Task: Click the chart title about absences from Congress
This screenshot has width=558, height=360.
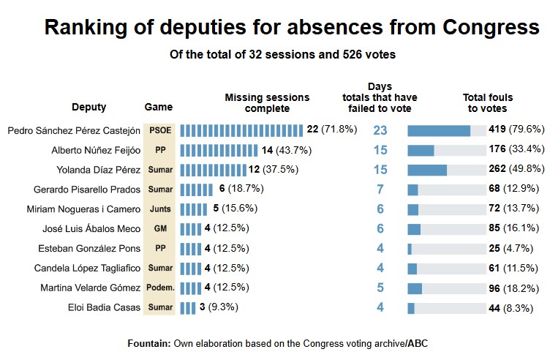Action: click(x=292, y=28)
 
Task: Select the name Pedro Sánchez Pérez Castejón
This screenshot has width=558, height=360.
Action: click(x=73, y=130)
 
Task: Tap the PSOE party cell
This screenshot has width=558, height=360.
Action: click(x=159, y=130)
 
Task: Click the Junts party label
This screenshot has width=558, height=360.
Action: click(x=159, y=209)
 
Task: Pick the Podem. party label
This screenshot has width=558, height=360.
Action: click(x=159, y=288)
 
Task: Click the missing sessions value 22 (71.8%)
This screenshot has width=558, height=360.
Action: click(x=331, y=130)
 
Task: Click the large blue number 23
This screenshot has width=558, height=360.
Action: click(x=380, y=130)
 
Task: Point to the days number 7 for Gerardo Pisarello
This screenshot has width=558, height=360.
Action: click(x=380, y=190)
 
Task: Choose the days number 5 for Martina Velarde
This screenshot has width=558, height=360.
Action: click(x=380, y=288)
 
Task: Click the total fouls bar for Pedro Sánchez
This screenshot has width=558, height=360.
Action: click(x=439, y=130)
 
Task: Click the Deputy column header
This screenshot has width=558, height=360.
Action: click(x=88, y=107)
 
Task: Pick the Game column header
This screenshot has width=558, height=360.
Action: click(x=159, y=107)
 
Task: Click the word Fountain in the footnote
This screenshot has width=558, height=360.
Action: click(x=149, y=342)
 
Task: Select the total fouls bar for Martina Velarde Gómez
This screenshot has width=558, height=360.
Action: click(x=415, y=288)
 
